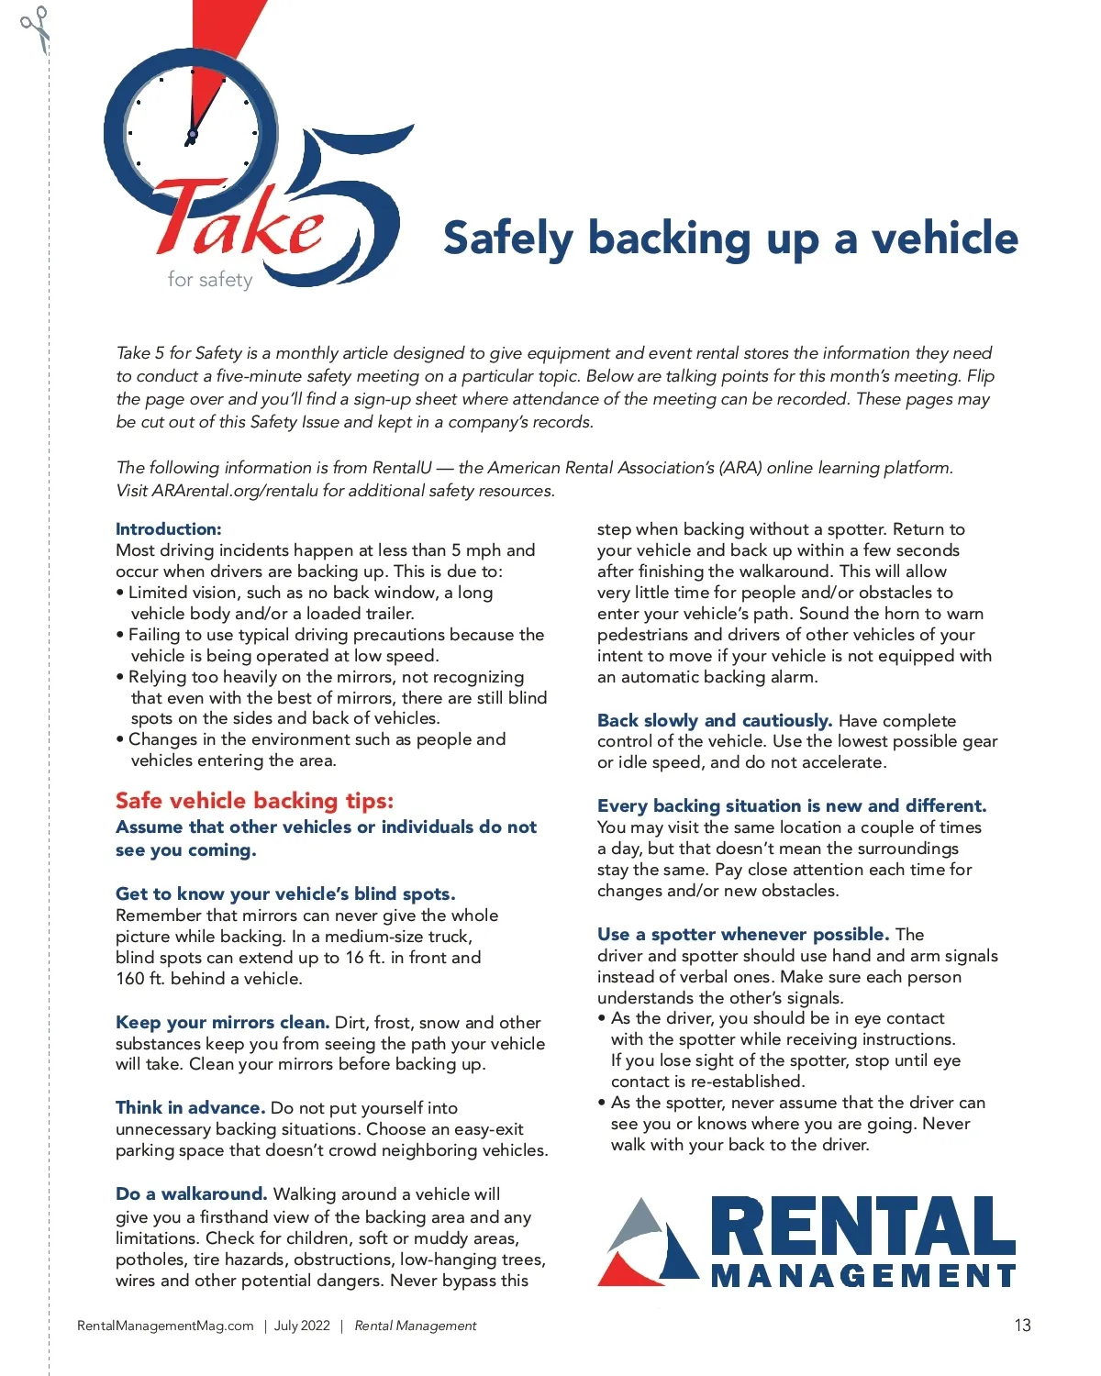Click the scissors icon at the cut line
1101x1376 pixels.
pyautogui.click(x=36, y=28)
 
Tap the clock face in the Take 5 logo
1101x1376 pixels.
pyautogui.click(x=192, y=133)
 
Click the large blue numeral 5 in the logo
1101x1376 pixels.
pyautogui.click(x=353, y=206)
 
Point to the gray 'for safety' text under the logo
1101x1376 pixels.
pyautogui.click(x=210, y=280)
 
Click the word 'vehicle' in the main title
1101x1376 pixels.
pyautogui.click(x=944, y=239)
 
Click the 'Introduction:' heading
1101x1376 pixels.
pyautogui.click(x=169, y=529)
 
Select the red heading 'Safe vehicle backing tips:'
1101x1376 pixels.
pyautogui.click(x=254, y=801)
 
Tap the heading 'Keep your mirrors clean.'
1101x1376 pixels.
pyautogui.click(x=222, y=1023)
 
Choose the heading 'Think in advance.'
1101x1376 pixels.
pyautogui.click(x=190, y=1108)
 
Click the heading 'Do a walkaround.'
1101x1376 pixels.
pyautogui.click(x=191, y=1194)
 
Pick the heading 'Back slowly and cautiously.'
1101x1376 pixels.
pyautogui.click(x=714, y=721)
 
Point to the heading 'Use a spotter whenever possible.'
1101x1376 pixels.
pyautogui.click(x=742, y=935)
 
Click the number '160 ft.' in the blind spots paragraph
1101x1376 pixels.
pyautogui.click(x=140, y=979)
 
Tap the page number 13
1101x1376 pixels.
pyautogui.click(x=1022, y=1326)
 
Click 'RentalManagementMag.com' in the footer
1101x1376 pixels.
pyautogui.click(x=165, y=1326)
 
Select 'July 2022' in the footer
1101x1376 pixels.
pyautogui.click(x=302, y=1326)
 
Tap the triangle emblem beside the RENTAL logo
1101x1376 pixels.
pyautogui.click(x=648, y=1243)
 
